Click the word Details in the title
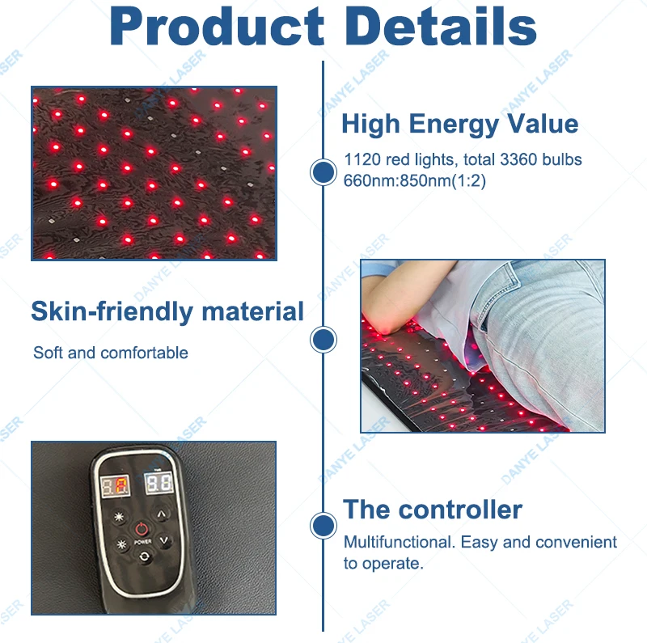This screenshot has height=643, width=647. (440, 27)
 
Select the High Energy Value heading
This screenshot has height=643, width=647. (459, 125)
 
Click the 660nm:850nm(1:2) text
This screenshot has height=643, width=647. (414, 180)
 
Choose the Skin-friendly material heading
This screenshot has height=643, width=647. (167, 311)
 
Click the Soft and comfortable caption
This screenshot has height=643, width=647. (111, 353)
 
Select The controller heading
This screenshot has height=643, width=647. (433, 510)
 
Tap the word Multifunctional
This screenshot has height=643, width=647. (399, 542)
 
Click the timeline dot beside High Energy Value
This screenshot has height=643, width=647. (323, 171)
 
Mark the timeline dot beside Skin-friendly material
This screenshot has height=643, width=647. (323, 340)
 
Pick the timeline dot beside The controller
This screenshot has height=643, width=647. (323, 526)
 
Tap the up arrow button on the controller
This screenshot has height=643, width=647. (161, 514)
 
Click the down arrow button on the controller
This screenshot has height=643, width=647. (164, 540)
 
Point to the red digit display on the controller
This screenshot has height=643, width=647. (116, 486)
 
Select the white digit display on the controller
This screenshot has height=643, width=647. (159, 483)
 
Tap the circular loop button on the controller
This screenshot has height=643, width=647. (144, 556)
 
